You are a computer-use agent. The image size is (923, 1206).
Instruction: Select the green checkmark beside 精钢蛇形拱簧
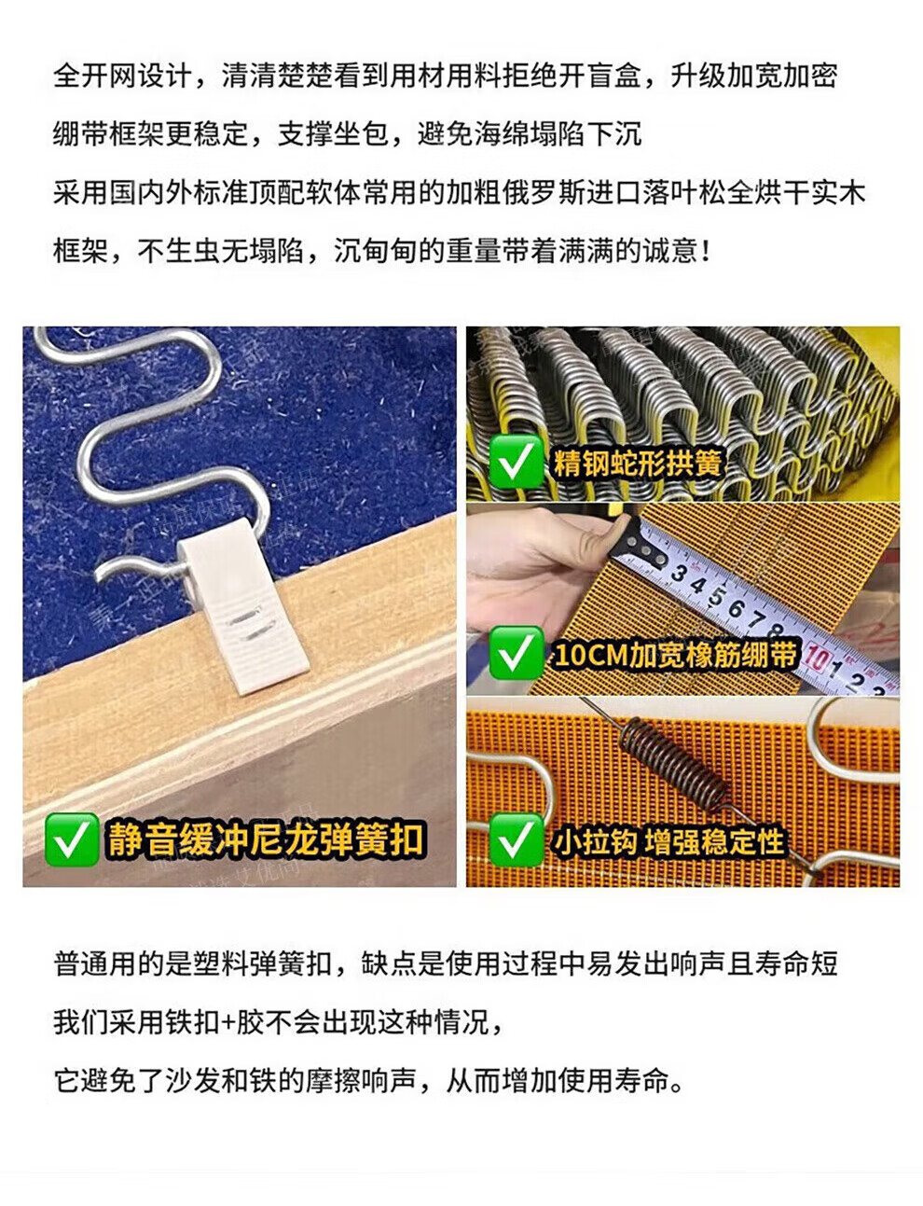click(x=516, y=462)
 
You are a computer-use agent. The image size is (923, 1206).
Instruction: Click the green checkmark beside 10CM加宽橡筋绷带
click(x=516, y=653)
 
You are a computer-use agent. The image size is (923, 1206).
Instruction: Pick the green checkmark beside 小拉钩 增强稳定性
click(x=516, y=839)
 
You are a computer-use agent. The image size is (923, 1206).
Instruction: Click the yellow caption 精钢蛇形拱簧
click(x=638, y=463)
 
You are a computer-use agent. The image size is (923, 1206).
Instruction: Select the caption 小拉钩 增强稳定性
click(x=668, y=841)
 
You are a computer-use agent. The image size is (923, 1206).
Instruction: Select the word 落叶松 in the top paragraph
click(x=685, y=193)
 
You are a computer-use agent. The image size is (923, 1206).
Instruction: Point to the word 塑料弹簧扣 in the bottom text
click(x=263, y=963)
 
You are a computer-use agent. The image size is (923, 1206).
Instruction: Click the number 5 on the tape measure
click(x=716, y=597)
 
